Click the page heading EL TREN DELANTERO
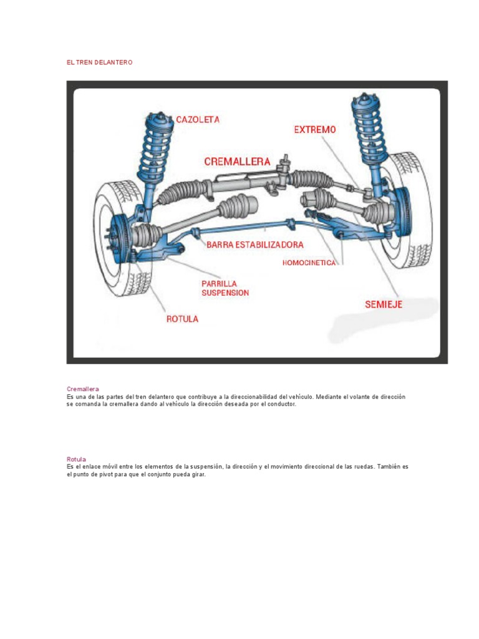click(99, 63)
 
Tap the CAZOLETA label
click(198, 119)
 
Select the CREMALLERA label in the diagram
click(237, 161)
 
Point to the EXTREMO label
click(314, 130)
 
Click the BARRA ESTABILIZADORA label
click(255, 245)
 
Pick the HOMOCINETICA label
click(309, 263)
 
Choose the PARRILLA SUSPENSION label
click(225, 288)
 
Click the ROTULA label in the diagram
click(182, 319)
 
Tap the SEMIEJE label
click(384, 305)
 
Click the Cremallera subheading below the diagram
click(83, 389)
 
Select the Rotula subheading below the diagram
click(76, 459)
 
